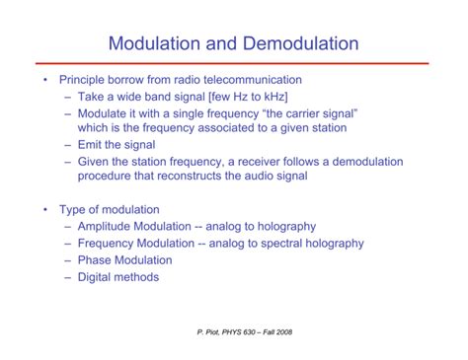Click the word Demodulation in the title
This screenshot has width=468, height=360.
[295, 44]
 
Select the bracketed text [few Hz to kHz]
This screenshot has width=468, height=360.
[243, 97]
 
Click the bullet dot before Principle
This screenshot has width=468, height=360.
[43, 80]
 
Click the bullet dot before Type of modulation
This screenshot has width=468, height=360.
[43, 210]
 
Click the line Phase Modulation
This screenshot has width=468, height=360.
[123, 260]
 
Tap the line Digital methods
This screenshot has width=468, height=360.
[117, 277]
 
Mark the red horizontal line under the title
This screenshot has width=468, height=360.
[233, 64]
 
